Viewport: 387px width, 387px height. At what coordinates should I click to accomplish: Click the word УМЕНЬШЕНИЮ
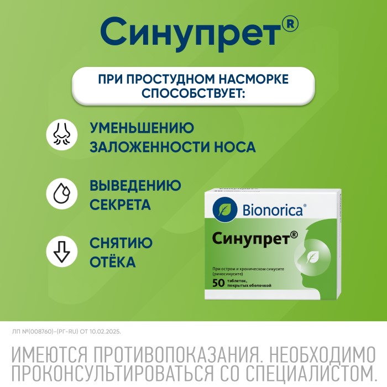(142, 128)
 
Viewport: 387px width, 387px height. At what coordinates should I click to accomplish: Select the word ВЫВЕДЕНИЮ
(135, 186)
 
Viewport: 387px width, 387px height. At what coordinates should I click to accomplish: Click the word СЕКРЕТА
(120, 205)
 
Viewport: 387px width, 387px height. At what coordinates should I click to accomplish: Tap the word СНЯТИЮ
(121, 243)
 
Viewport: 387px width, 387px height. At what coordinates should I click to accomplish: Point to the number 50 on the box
(218, 283)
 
